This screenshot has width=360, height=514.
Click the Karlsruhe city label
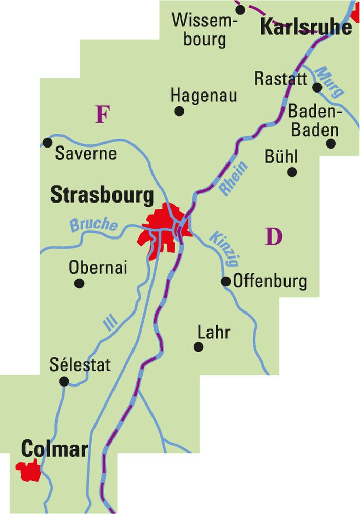307,27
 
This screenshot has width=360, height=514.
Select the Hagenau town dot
179,111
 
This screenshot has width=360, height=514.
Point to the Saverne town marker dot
48,142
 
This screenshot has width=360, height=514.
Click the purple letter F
103,115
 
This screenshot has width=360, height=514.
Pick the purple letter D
274,236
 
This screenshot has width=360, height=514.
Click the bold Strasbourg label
102,196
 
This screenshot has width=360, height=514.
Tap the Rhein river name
233,178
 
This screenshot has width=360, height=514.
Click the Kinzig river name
224,249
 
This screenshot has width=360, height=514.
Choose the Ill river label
110,322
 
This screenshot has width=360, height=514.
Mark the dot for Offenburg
225,281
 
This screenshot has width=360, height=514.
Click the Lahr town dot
198,347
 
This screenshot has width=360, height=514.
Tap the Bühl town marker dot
292,172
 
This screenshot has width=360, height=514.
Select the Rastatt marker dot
317,87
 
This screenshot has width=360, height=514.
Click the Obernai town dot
80,283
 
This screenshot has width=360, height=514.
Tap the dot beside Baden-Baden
331,143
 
